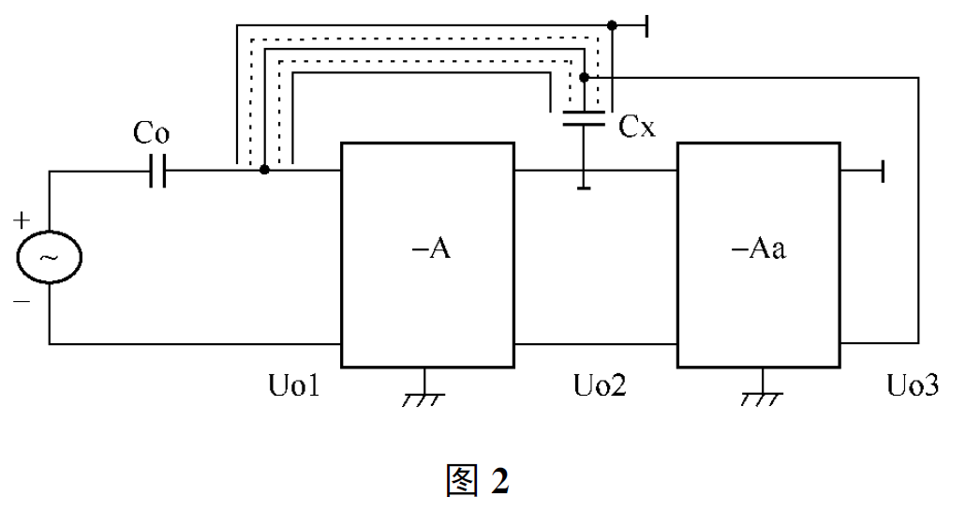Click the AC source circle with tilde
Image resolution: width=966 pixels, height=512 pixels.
[49, 256]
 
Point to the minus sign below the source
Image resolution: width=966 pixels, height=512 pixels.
[21, 301]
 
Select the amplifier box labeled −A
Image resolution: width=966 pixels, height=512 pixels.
[427, 254]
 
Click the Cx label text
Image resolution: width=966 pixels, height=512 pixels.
[637, 127]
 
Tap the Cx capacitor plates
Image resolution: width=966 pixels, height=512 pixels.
[583, 118]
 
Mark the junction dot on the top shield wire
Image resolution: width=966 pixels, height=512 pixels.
[612, 25]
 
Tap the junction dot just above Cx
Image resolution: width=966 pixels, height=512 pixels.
[583, 77]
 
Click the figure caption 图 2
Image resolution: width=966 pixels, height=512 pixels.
[479, 480]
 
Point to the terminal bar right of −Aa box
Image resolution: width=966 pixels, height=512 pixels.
[881, 171]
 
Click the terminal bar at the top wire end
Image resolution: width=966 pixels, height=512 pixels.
[647, 25]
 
